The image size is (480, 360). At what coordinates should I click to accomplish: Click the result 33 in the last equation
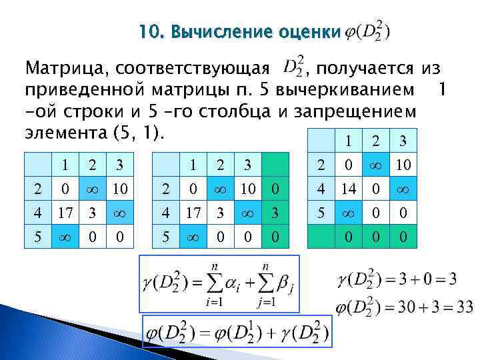point(462,307)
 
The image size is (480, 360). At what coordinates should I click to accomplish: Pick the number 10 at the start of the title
point(149,31)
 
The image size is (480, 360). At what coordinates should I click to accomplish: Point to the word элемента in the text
point(57,131)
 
